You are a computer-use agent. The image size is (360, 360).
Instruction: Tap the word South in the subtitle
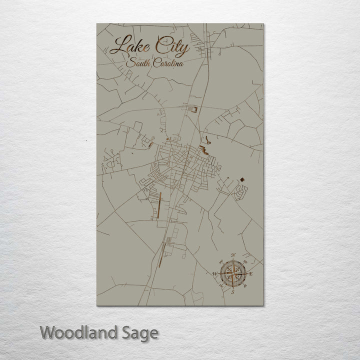click(x=137, y=63)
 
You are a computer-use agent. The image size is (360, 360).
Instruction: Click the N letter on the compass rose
click(x=233, y=255)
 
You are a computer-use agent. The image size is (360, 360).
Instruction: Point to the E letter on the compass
click(x=251, y=274)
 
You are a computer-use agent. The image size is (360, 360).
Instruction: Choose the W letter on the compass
click(x=215, y=274)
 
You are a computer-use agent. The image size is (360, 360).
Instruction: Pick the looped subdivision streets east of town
click(x=242, y=190)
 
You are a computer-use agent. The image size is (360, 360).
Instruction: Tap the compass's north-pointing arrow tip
click(x=233, y=260)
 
